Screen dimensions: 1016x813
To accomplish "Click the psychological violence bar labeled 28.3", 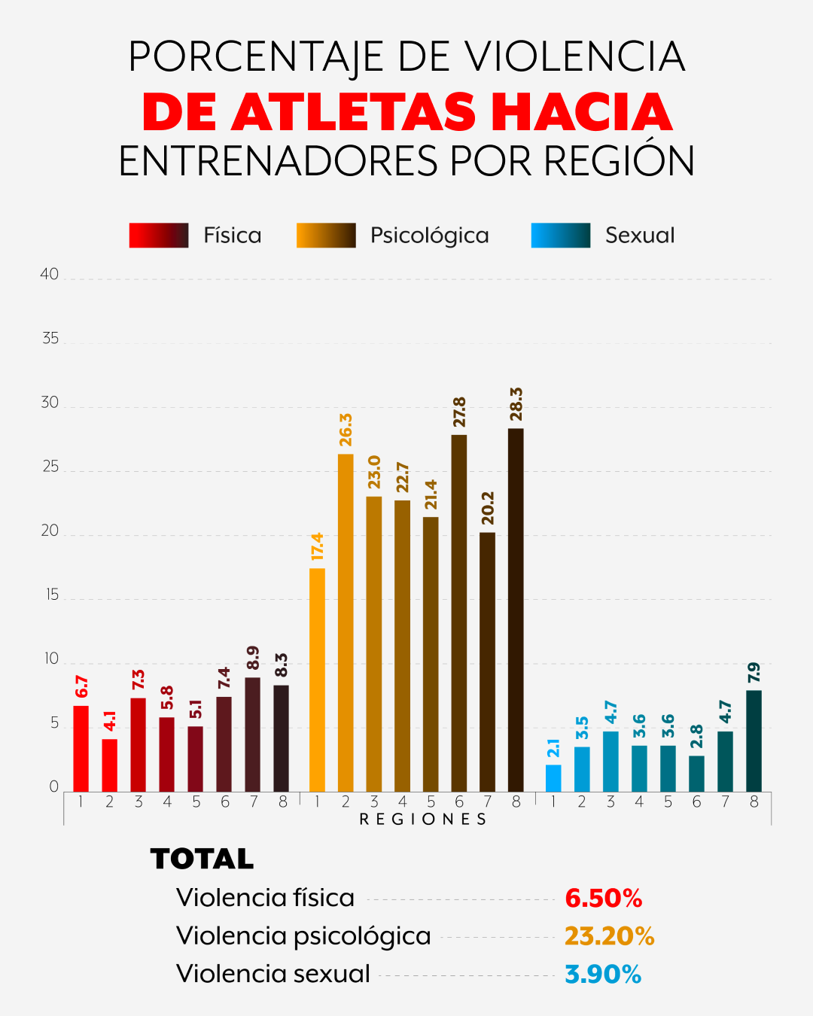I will tap(516, 610).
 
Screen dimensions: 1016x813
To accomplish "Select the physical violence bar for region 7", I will tap(253, 735).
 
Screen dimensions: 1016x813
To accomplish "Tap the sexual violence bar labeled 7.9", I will tap(754, 741).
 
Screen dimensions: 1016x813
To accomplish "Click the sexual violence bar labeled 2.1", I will tap(553, 778).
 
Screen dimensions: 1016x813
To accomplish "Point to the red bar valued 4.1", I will tap(110, 765).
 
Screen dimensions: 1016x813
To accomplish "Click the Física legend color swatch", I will tap(159, 236).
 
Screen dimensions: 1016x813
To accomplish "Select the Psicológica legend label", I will tap(429, 236).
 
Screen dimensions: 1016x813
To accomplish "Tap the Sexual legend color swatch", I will tap(561, 236).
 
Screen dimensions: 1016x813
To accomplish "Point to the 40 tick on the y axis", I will tap(50, 275).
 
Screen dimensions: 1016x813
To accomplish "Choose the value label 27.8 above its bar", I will tap(459, 412).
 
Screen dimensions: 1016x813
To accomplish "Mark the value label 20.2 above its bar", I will tap(488, 508).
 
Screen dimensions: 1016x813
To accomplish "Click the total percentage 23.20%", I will tap(609, 936).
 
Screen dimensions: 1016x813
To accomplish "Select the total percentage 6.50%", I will tap(603, 899).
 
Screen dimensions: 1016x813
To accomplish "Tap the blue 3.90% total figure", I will tap(603, 975).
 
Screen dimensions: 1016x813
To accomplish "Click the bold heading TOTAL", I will tap(202, 859).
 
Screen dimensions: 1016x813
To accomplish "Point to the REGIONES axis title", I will tap(422, 820).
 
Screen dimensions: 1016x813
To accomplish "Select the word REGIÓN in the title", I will tap(620, 161).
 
